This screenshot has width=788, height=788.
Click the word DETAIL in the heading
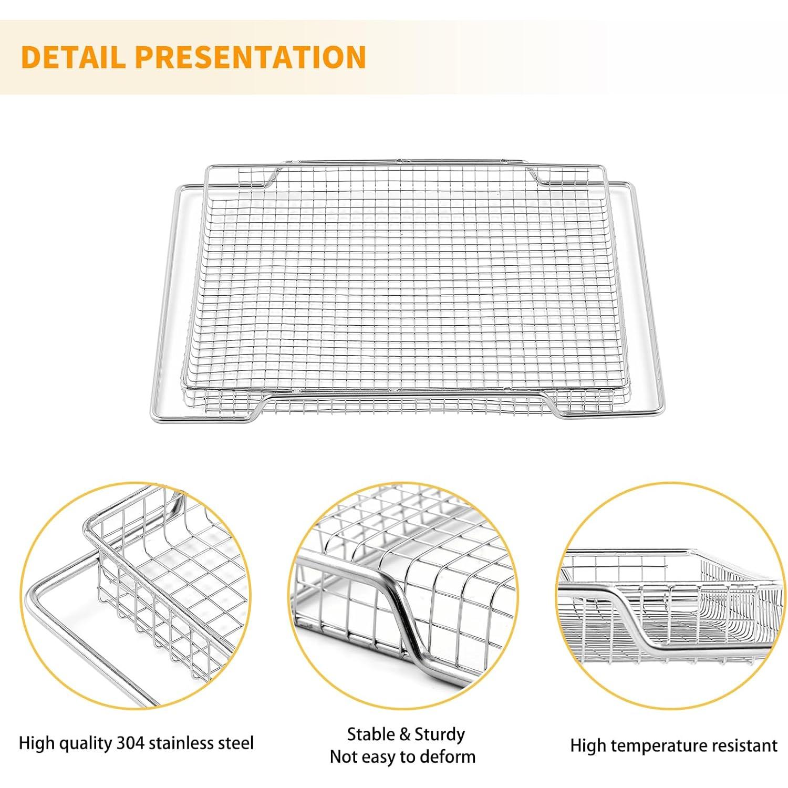click(x=74, y=57)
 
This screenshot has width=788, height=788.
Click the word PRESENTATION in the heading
click(x=251, y=57)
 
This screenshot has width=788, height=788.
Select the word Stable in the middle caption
click(x=370, y=734)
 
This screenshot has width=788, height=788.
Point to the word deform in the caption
click(x=449, y=756)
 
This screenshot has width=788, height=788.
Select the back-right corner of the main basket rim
click(x=604, y=168)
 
